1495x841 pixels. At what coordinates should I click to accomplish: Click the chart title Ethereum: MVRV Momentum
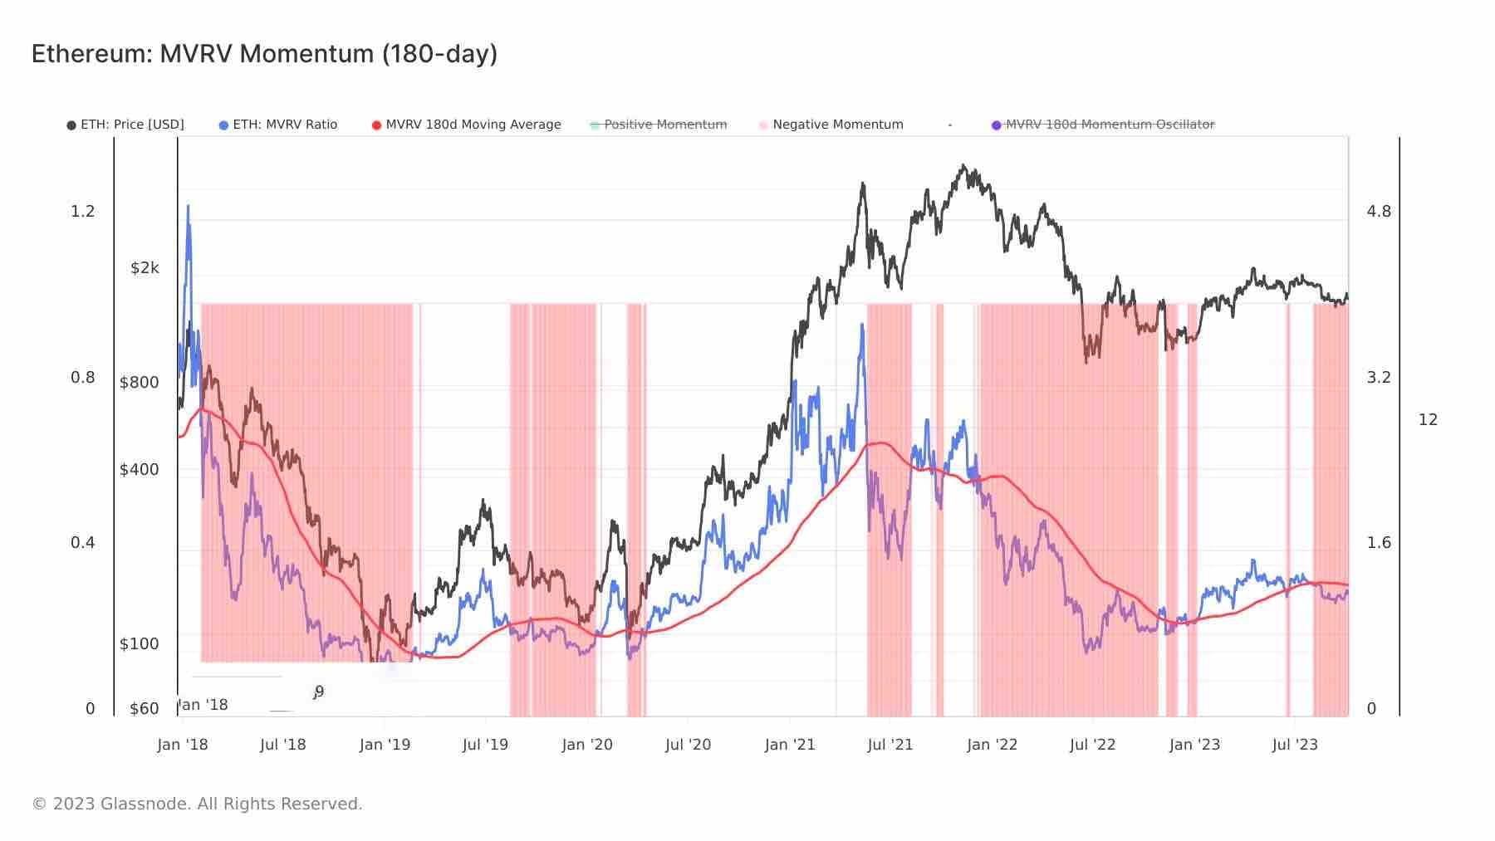click(264, 54)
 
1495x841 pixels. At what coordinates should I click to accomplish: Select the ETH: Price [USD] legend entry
click(125, 125)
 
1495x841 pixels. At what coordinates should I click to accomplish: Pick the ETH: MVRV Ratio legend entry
click(278, 125)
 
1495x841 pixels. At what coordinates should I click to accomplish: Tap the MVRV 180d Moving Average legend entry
click(467, 125)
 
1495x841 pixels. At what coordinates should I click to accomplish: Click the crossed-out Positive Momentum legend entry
click(659, 125)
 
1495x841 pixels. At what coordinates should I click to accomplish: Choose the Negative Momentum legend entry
click(831, 125)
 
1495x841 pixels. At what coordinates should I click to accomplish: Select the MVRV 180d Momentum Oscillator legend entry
click(1103, 125)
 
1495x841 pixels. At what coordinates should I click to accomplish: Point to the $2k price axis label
click(145, 267)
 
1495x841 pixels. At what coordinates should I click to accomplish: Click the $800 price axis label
click(140, 383)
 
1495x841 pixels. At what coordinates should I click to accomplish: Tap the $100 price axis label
click(140, 643)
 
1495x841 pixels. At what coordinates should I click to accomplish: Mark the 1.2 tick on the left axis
click(83, 212)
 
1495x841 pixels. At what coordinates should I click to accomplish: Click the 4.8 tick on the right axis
click(1379, 212)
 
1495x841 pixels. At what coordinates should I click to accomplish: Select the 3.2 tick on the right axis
click(1379, 378)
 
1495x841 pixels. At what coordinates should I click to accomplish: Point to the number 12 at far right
click(1428, 420)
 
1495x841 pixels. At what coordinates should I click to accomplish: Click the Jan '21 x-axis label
click(790, 745)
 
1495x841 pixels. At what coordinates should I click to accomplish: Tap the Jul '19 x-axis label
click(485, 745)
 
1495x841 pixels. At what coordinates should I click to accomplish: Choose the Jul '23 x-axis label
click(1295, 745)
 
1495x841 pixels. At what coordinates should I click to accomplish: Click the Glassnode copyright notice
click(197, 804)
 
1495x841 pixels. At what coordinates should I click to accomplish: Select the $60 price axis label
click(145, 708)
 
